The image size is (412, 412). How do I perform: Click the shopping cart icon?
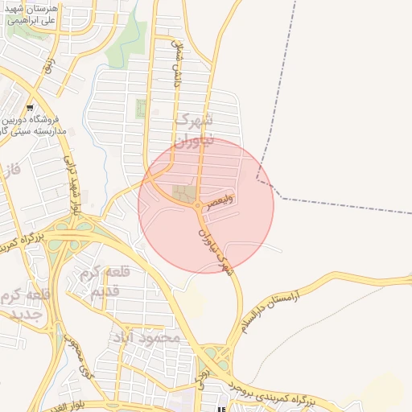pyautogui.click(x=30, y=107)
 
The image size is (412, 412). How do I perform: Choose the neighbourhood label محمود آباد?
pyautogui.click(x=146, y=337)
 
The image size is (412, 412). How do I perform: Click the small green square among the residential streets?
pyautogui.click(x=142, y=107)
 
